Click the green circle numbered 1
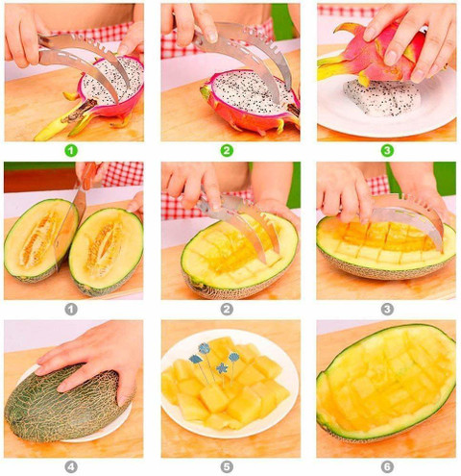pyautogui.click(x=71, y=150)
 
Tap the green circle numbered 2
pyautogui.click(x=227, y=150)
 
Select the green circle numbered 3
pyautogui.click(x=387, y=150)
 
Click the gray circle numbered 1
pyautogui.click(x=71, y=310)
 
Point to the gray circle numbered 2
pyautogui.click(x=227, y=310)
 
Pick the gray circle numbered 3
pyautogui.click(x=387, y=310)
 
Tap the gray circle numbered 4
pyautogui.click(x=71, y=467)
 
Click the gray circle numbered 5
pyautogui.click(x=227, y=467)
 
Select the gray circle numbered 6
pyautogui.click(x=387, y=467)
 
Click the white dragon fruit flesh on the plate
pyautogui.click(x=382, y=98)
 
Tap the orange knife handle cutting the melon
pyautogui.click(x=88, y=175)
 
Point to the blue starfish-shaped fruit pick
pyautogui.click(x=222, y=368)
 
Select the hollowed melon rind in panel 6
pyautogui.click(x=386, y=382)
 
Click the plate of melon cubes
pyautogui.click(x=230, y=383)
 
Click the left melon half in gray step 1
pyautogui.click(x=40, y=240)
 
